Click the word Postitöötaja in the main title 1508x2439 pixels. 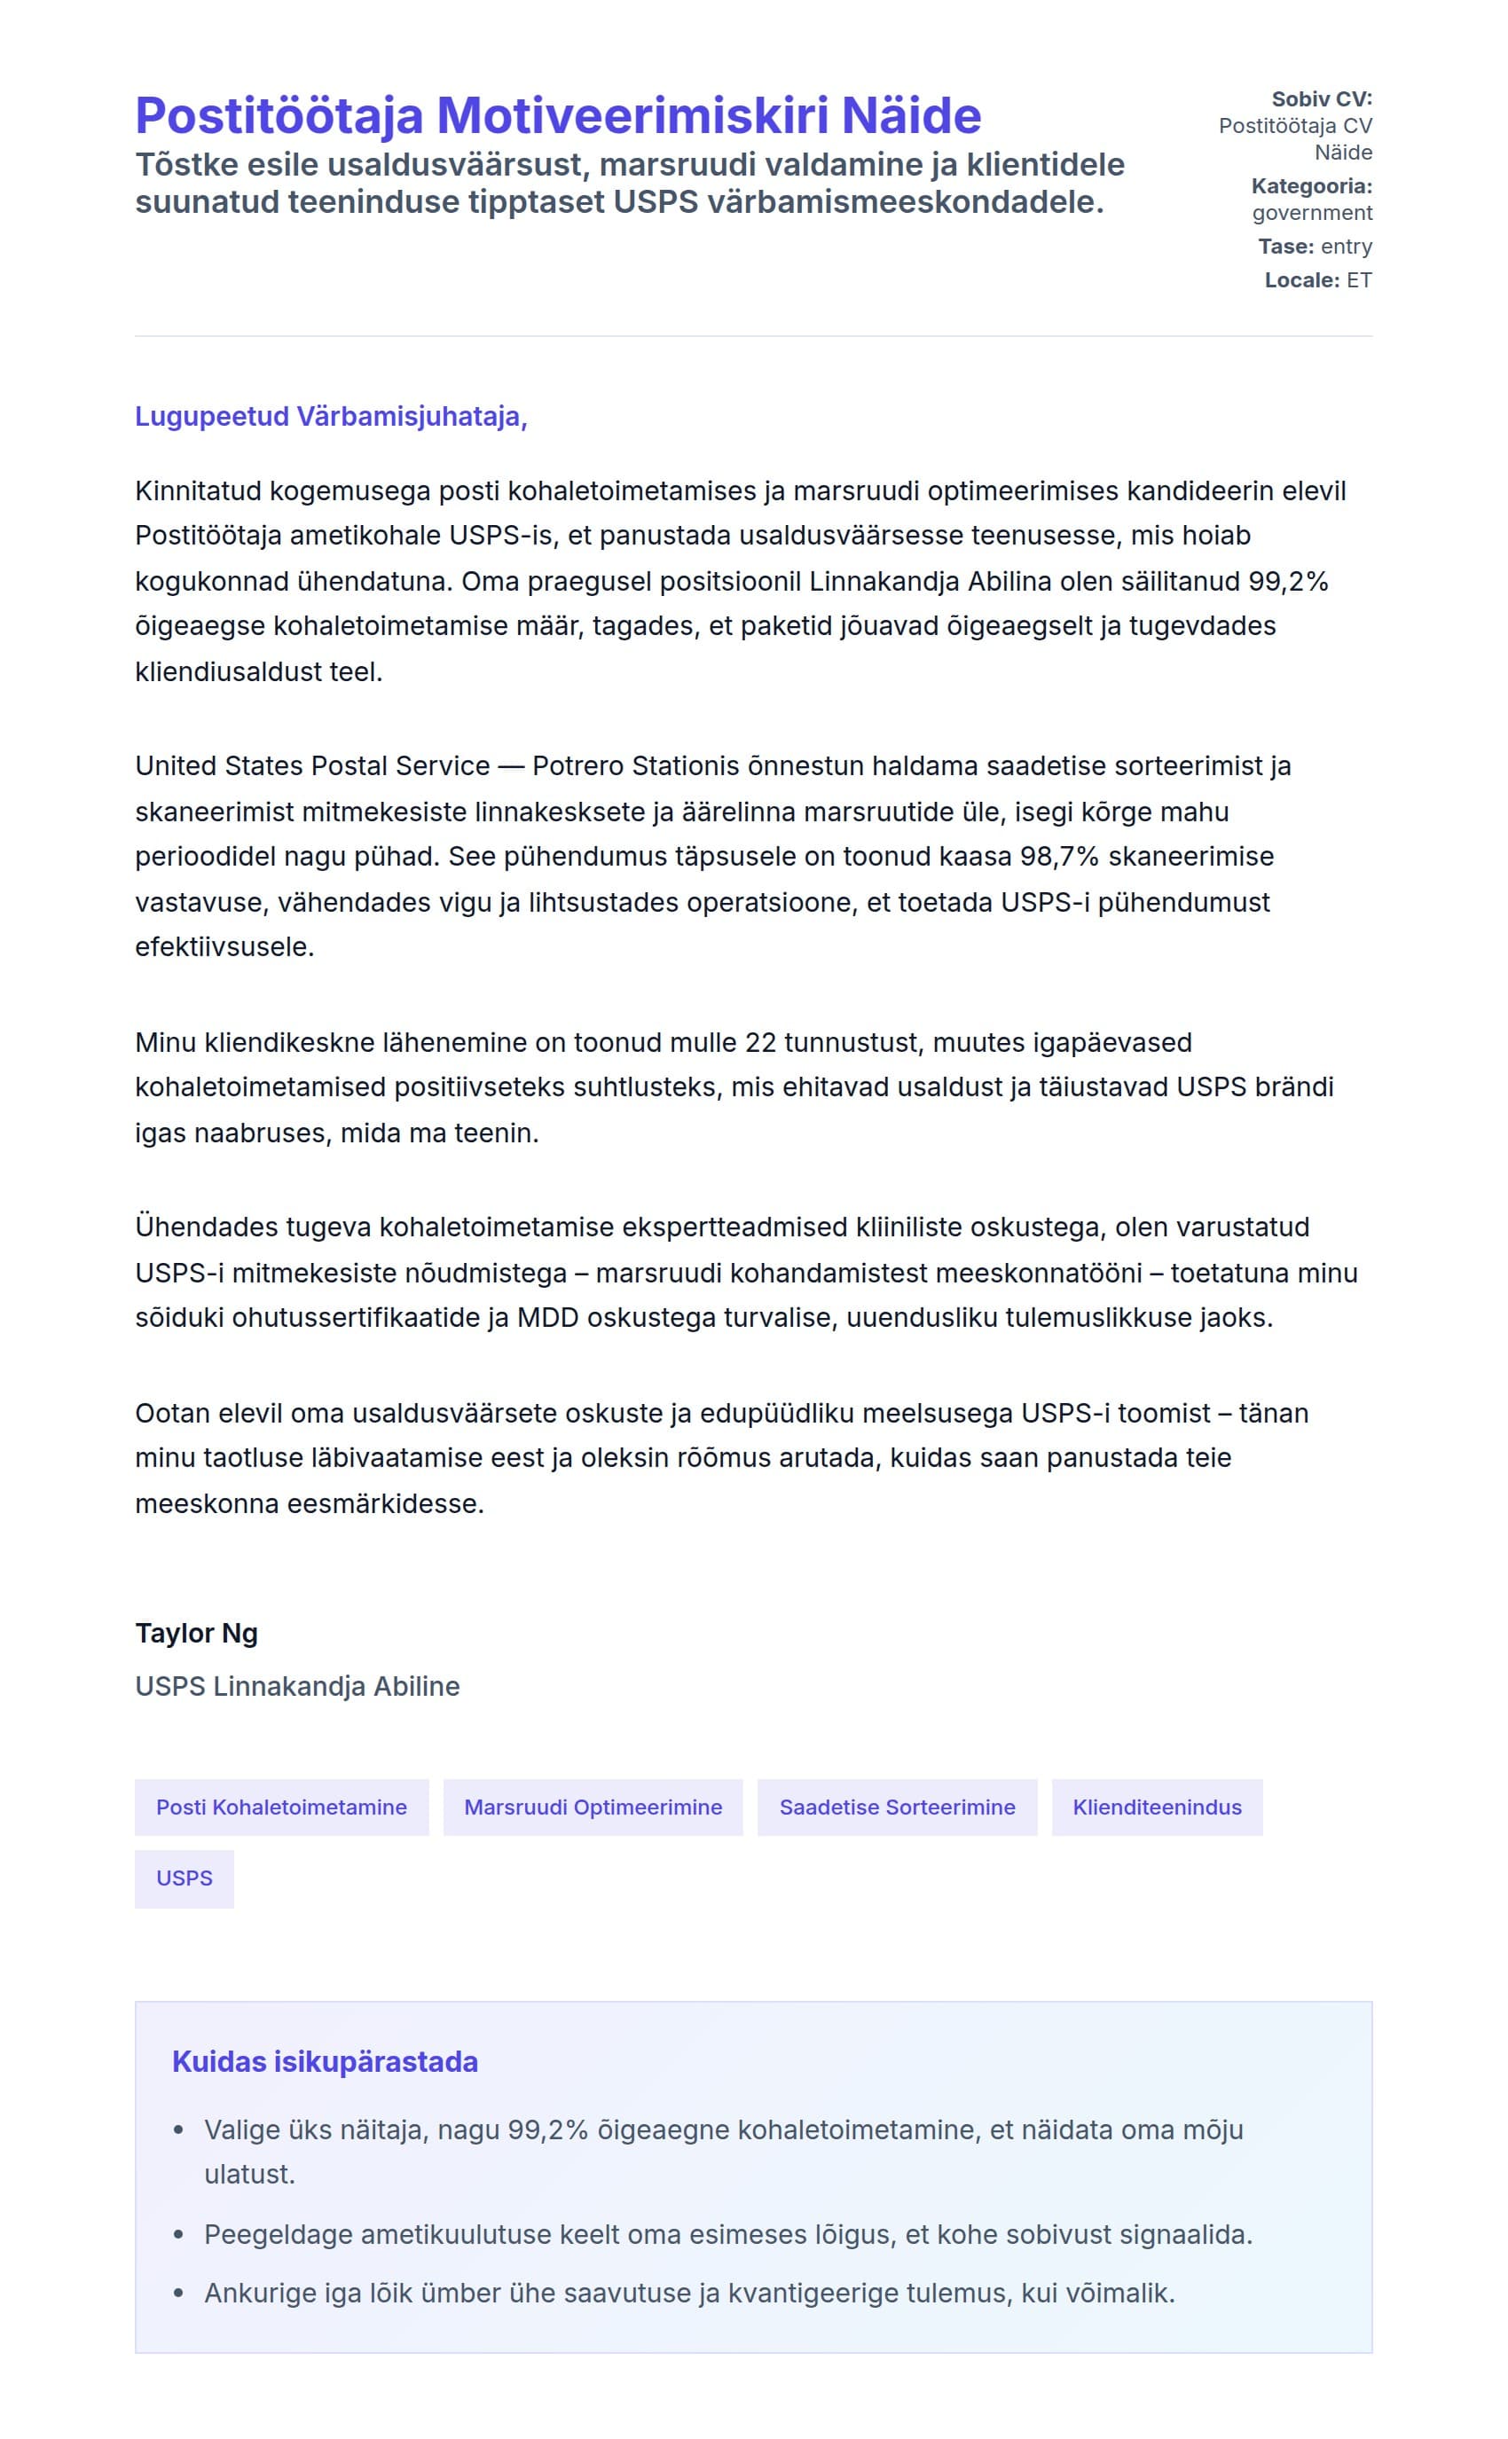[x=279, y=115]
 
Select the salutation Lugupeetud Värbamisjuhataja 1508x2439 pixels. [x=330, y=416]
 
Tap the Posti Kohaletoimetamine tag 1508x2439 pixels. [x=281, y=1807]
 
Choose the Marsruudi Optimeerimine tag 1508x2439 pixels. [x=593, y=1807]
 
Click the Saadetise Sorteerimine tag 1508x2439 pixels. [x=897, y=1807]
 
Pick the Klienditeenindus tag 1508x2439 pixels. [x=1157, y=1807]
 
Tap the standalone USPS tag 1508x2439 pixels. [x=185, y=1878]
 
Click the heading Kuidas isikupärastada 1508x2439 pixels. [x=326, y=2061]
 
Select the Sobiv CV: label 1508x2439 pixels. [x=1322, y=98]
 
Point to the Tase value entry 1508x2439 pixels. [x=1346, y=247]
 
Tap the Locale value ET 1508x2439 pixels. [x=1358, y=280]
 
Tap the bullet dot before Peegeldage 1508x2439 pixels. [x=179, y=2235]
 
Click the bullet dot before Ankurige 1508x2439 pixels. [x=179, y=2294]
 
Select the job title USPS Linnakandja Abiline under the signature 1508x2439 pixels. [x=297, y=1686]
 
